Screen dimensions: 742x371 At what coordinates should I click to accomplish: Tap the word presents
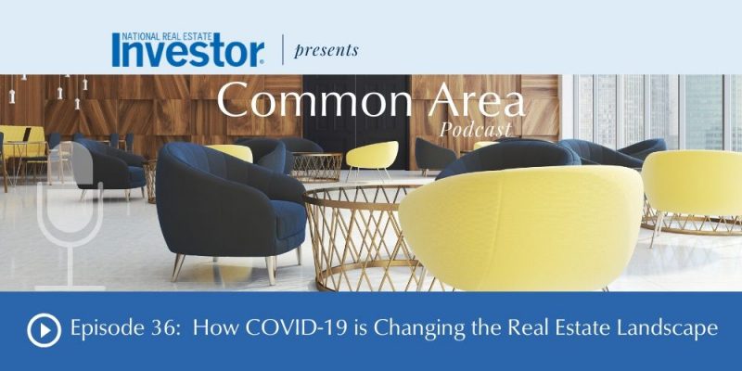(x=326, y=51)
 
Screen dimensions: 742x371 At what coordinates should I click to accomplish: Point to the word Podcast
(x=475, y=129)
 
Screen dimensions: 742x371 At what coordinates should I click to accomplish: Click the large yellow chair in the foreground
(x=520, y=228)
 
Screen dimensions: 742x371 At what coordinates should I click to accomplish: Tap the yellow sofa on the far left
(x=21, y=142)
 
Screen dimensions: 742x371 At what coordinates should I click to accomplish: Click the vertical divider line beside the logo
(x=283, y=50)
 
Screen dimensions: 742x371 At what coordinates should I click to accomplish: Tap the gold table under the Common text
(x=316, y=167)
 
